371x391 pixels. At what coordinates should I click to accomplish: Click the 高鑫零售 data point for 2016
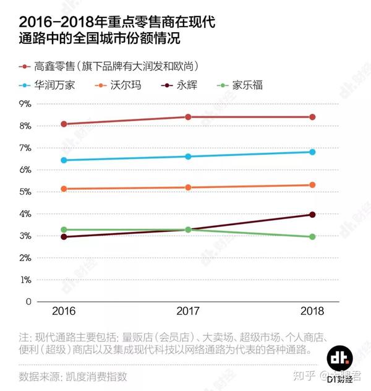pyautogui.click(x=64, y=124)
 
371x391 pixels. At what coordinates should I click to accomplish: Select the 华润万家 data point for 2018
pyautogui.click(x=312, y=152)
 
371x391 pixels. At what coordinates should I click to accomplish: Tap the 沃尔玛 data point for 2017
pyautogui.click(x=188, y=187)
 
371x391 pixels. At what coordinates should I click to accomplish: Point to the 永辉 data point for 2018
pyautogui.click(x=312, y=215)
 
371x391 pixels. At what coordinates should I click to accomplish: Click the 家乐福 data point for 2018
pyautogui.click(x=312, y=237)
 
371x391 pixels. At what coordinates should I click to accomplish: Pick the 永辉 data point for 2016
pyautogui.click(x=64, y=237)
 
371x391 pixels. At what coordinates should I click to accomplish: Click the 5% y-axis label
pyautogui.click(x=25, y=192)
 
